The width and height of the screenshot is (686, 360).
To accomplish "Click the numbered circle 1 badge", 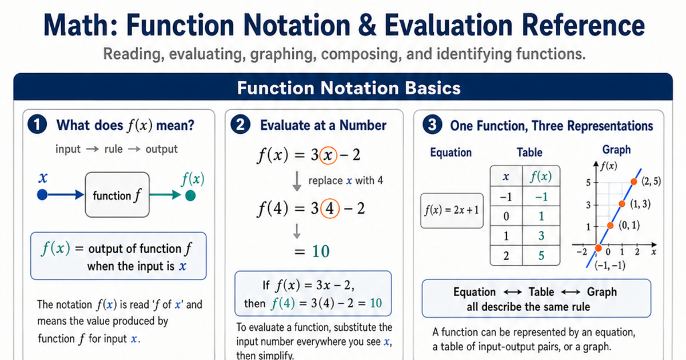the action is [37, 125].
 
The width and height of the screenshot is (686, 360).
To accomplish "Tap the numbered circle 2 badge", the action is [241, 125].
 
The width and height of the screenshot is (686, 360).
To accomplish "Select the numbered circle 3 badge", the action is [432, 125].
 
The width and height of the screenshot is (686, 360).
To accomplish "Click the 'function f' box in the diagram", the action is [117, 195].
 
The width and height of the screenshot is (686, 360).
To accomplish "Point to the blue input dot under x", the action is [42, 195].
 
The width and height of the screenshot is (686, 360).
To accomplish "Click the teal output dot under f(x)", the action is [190, 195].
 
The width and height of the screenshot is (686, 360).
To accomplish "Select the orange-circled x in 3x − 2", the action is [328, 155].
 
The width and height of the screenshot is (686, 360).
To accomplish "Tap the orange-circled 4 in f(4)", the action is [330, 209].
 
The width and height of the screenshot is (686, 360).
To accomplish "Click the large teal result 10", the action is [321, 251].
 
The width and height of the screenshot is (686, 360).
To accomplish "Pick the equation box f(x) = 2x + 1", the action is [452, 211].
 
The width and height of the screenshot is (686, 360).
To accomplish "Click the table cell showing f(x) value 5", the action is [541, 255].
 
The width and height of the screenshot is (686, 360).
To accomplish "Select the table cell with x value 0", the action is [506, 216].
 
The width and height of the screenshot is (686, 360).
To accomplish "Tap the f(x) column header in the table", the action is [541, 176].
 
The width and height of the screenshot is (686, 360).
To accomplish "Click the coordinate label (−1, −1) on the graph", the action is [610, 265].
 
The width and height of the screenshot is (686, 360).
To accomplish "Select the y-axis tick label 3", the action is [588, 205].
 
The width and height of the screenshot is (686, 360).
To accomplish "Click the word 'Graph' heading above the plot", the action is [616, 150].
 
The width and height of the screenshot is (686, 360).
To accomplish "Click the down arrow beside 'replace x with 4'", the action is [297, 182].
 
